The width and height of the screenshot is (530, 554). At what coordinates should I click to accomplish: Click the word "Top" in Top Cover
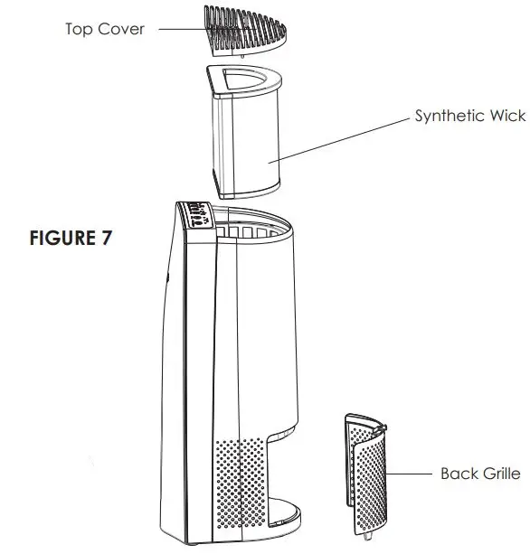[x=78, y=29]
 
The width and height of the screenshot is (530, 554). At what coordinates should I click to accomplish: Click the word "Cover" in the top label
[x=121, y=29]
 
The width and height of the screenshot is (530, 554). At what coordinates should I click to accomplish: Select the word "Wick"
[x=506, y=117]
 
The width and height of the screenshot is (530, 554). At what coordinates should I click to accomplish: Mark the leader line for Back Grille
[x=412, y=473]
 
